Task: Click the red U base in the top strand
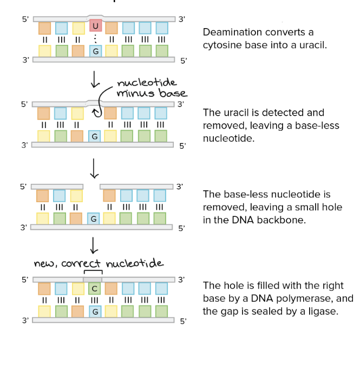pos(95,25)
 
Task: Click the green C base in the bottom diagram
pos(94,288)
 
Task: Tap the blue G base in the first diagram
pos(95,51)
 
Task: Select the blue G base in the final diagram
pos(94,312)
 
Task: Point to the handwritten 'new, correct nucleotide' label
pos(98,263)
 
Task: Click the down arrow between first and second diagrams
pos(95,79)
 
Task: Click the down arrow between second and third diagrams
pos(95,168)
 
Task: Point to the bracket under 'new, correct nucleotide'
pos(93,272)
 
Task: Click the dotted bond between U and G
pos(95,39)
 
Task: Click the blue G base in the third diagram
pos(94,219)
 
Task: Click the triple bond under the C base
pos(94,300)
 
